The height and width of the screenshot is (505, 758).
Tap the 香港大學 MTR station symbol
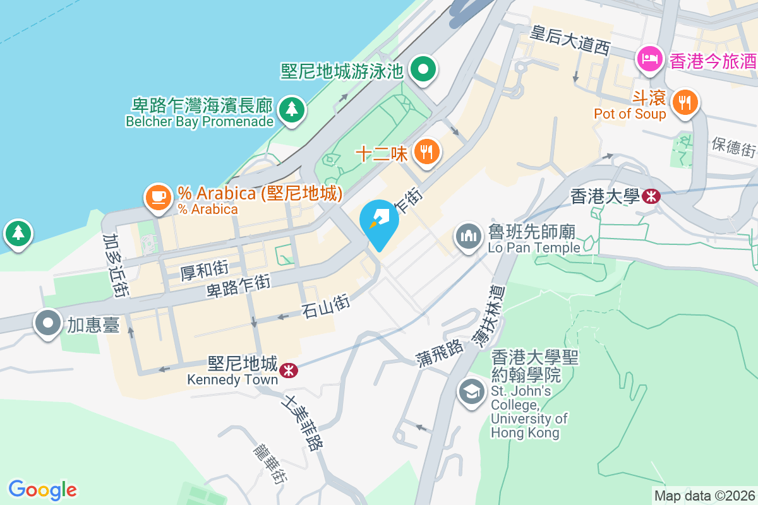651,196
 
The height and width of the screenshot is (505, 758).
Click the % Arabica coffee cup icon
158,197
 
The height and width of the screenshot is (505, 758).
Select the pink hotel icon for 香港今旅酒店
650,60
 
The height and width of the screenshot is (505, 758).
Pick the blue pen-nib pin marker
379,222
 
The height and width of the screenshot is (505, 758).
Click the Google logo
42,490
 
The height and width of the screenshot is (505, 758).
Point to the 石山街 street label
326,307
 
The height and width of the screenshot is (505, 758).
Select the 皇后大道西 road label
570,40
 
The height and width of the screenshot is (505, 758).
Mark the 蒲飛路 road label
440,356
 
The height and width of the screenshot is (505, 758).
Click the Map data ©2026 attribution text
704,496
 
